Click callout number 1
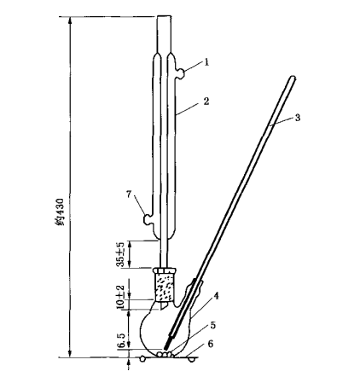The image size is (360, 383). point(206,62)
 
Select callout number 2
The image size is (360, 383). point(206,101)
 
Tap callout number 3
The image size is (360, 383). point(298,118)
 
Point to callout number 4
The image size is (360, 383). point(216,296)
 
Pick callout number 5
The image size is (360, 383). point(213,325)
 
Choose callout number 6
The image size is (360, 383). point(210,344)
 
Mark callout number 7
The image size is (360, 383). point(129,194)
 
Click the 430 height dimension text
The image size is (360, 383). point(60,212)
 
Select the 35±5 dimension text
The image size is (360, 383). point(121,254)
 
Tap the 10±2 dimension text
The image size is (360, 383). point(120,296)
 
